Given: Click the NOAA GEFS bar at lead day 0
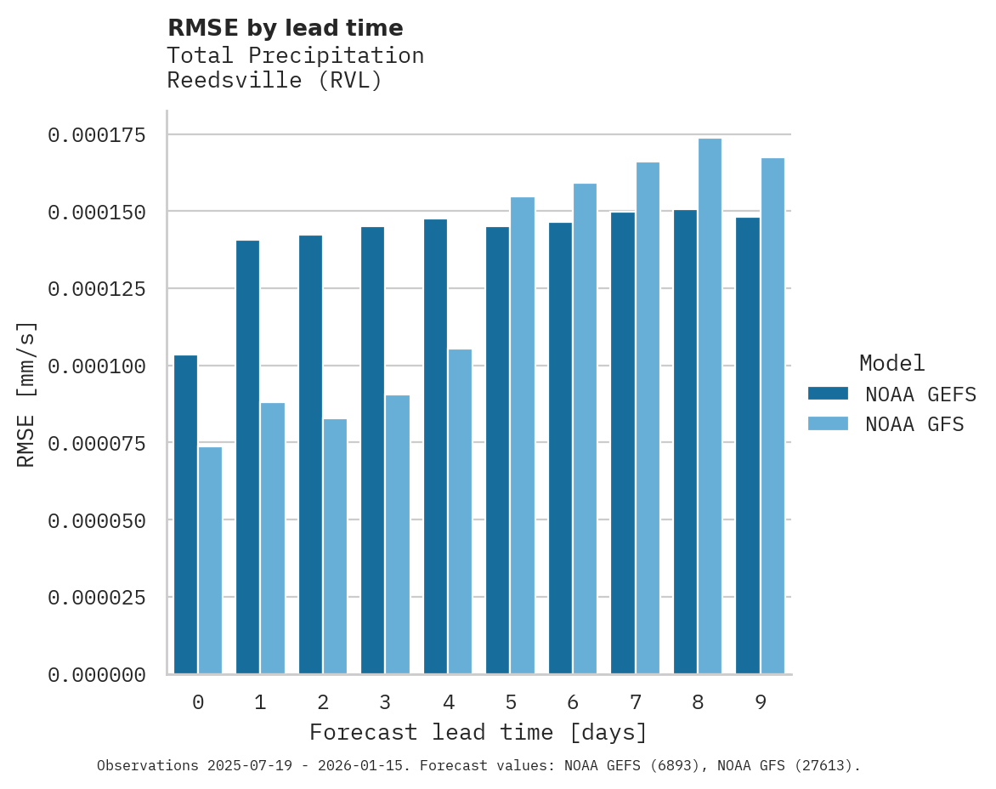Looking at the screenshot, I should (x=185, y=514).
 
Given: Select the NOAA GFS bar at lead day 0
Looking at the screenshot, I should (x=210, y=560).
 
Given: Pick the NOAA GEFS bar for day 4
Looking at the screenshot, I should (x=435, y=446).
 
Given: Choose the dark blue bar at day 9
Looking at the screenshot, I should (x=748, y=446).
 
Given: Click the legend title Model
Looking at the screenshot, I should (x=891, y=363).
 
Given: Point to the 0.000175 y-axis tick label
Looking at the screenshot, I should (x=96, y=135).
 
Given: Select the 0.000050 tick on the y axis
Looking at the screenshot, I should (x=96, y=520).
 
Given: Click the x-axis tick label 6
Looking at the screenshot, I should (x=573, y=702).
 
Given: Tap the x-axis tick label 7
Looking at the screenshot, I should (x=635, y=702).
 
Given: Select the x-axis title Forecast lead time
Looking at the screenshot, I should (x=478, y=732).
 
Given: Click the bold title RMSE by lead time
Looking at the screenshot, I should (x=286, y=28).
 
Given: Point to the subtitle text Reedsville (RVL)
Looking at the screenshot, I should (x=274, y=81).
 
